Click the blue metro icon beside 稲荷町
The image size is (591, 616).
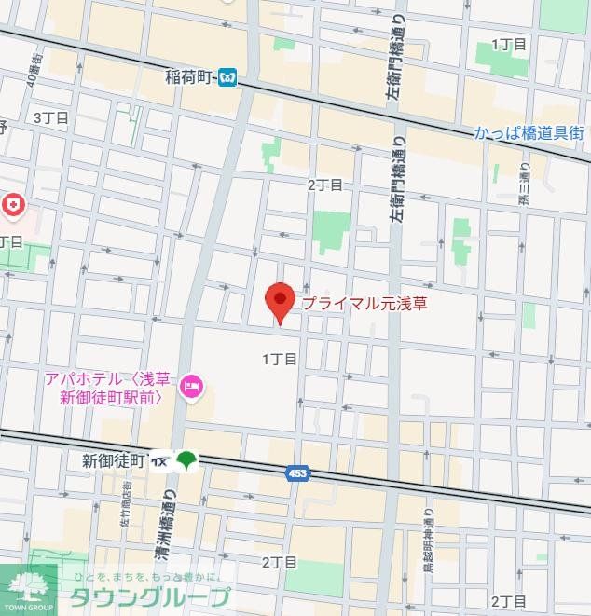tap(227, 80)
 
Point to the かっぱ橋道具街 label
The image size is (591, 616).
tap(529, 133)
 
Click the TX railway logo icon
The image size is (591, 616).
tap(159, 460)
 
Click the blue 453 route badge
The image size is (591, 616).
tap(296, 474)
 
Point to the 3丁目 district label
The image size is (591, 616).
tap(51, 117)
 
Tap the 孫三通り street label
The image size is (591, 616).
tap(524, 185)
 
